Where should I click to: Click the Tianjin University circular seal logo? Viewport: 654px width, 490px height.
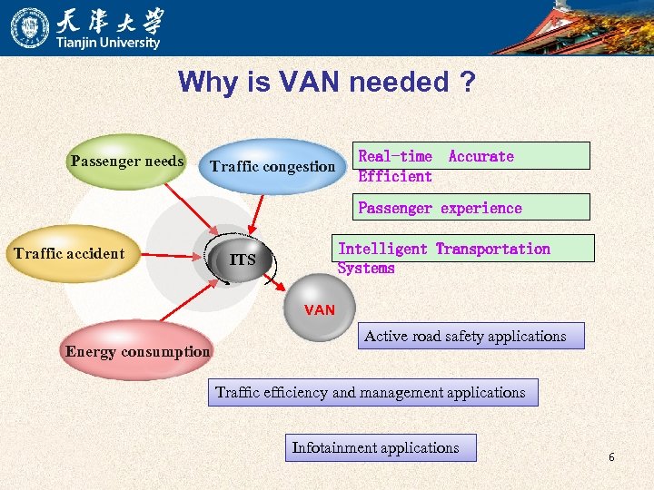(30, 27)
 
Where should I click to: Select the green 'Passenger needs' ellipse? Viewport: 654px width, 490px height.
(127, 162)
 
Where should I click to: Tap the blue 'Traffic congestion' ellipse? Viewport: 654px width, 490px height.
(272, 166)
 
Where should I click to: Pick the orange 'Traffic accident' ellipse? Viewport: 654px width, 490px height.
(69, 253)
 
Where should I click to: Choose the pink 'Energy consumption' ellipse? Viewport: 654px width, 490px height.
(137, 351)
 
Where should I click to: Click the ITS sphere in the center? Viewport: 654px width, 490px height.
(243, 260)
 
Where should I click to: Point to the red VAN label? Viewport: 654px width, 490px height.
(320, 310)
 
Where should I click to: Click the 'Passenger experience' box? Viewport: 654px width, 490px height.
(440, 208)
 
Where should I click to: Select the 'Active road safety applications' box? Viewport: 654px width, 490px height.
(465, 337)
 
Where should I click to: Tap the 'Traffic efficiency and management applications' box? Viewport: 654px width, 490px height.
(371, 393)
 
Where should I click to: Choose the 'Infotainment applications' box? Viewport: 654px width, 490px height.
(376, 447)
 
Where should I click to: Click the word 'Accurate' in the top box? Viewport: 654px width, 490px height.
(481, 156)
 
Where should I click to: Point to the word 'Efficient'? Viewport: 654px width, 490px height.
(395, 176)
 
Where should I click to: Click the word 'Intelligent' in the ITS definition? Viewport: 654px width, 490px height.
(382, 249)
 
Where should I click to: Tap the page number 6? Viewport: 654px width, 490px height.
(611, 457)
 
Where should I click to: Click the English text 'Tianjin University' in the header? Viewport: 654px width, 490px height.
(108, 43)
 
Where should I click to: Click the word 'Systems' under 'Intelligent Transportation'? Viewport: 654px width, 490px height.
(366, 268)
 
